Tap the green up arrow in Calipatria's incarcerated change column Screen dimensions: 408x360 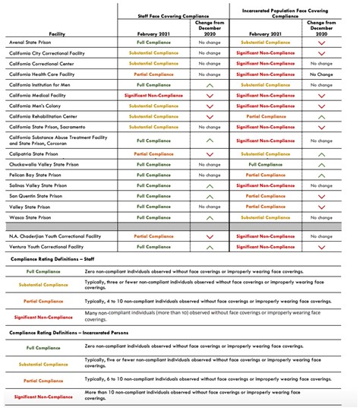(321, 153)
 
